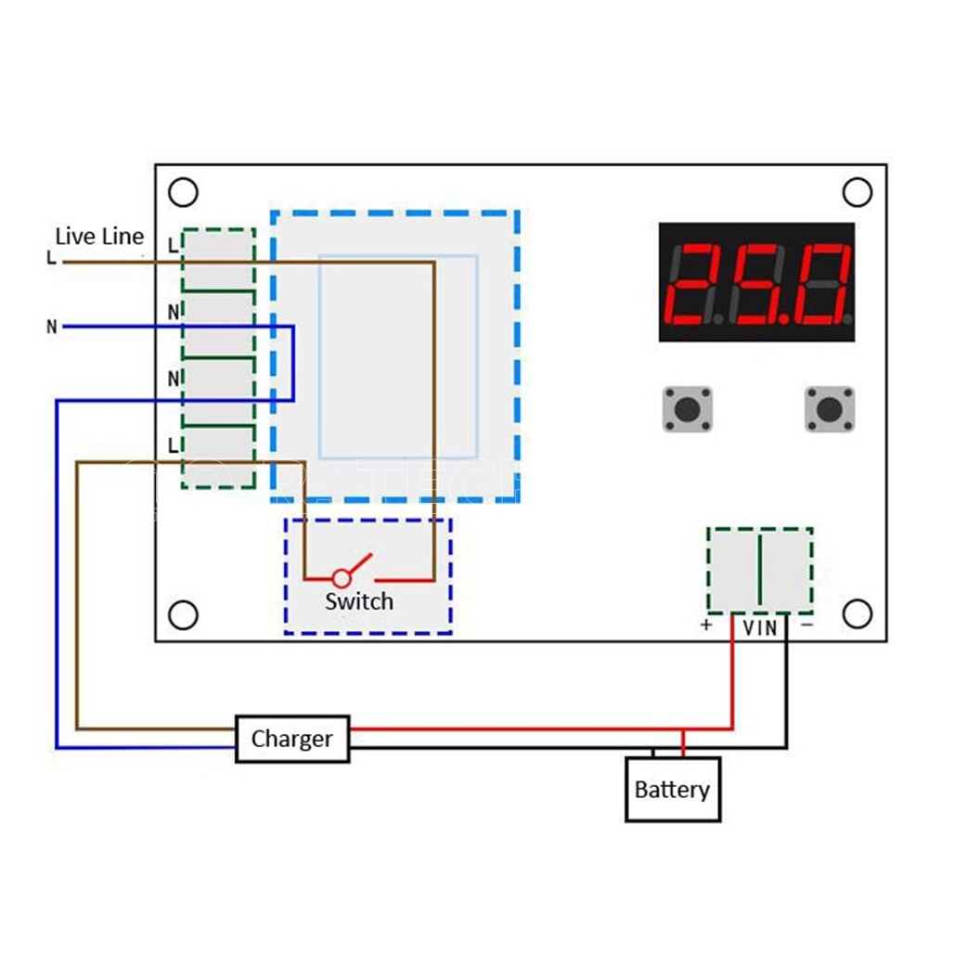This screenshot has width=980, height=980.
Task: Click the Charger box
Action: point(292,739)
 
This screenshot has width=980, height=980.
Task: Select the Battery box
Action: point(673,790)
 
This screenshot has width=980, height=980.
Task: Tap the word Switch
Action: point(359,601)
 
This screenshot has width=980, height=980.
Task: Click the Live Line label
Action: point(99,236)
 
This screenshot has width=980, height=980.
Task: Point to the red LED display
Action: point(756,282)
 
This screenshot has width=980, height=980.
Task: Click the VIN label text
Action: point(760,628)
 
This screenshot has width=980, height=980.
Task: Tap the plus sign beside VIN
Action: point(706,626)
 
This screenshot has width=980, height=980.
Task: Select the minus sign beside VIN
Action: point(806,626)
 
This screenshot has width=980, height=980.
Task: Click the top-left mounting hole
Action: point(184,192)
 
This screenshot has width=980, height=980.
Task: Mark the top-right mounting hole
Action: point(857,192)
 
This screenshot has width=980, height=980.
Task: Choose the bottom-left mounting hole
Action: point(184,614)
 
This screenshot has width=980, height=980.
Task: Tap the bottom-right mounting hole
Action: point(857,613)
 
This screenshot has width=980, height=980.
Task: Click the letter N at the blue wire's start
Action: point(52,327)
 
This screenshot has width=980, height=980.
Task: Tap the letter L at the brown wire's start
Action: point(51,258)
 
